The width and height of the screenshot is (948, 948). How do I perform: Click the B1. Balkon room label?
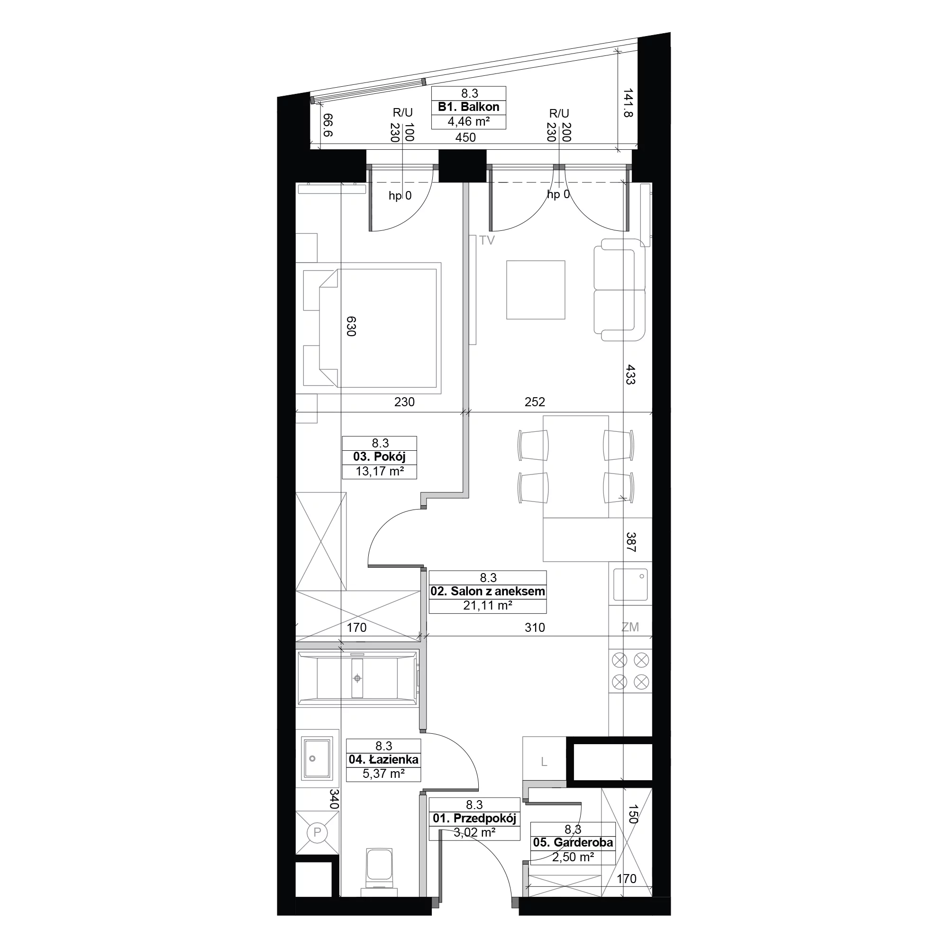coord(469,107)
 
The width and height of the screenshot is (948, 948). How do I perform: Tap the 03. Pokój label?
coord(379,457)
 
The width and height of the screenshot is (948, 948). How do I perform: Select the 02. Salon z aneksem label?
coord(488,591)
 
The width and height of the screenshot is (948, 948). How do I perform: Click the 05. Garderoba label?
coord(573,842)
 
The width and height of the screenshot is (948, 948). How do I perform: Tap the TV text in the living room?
coord(487,240)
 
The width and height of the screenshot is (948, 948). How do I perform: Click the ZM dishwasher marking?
coord(630,627)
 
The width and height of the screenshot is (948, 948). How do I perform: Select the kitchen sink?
coord(630,584)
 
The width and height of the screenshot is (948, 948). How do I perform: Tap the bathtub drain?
coord(357,678)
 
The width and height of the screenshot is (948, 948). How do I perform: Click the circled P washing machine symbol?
coord(317,832)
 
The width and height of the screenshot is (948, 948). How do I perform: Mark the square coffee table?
coord(536,290)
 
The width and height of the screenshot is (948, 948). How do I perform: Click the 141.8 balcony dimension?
coord(628,102)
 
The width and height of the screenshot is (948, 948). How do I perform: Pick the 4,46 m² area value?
coord(469,121)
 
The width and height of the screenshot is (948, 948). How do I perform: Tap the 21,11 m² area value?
coord(488,606)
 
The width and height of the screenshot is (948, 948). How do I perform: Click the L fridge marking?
coord(544,762)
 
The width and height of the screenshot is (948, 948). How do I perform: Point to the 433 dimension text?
coord(630,374)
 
